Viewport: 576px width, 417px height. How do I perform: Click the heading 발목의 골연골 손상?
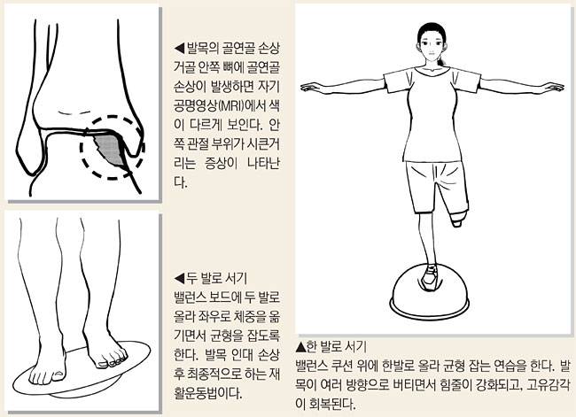[233, 48]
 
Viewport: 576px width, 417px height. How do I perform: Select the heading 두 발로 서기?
[217, 278]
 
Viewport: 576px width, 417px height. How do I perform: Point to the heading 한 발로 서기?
[337, 346]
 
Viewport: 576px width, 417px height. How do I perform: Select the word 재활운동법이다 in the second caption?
[208, 393]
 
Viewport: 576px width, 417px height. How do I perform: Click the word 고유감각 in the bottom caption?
[549, 385]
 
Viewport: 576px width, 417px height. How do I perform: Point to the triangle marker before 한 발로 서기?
[301, 346]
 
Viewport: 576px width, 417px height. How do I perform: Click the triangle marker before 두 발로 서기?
[179, 278]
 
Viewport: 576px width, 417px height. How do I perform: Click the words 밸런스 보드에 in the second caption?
[206, 297]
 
